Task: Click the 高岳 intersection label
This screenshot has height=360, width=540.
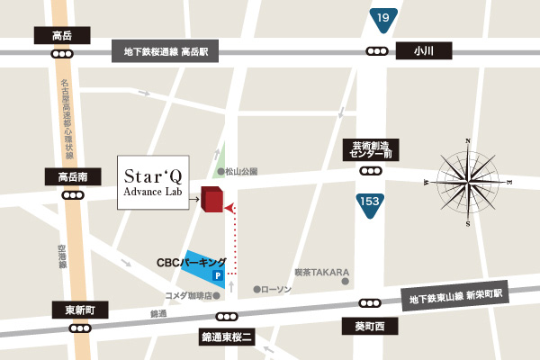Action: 62,36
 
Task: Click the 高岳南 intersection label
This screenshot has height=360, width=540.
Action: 68,176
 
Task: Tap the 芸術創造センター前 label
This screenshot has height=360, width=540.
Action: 370,149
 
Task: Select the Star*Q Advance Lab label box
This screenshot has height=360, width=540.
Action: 154,183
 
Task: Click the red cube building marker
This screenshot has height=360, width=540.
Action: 211,199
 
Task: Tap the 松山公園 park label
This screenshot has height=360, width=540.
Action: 241,171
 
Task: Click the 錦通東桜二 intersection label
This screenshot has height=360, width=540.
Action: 227,337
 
